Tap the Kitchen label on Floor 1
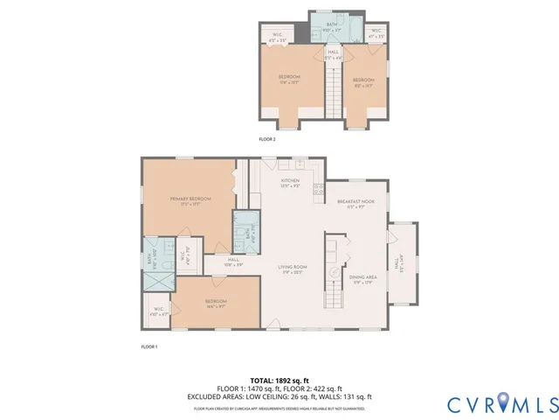click(x=290, y=184)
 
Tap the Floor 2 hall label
click(x=333, y=55)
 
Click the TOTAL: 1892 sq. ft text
click(x=279, y=381)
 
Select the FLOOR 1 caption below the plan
click(x=148, y=347)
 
